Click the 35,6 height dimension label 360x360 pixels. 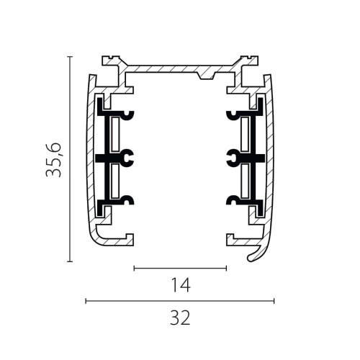click(53, 160)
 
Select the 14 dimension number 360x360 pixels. click(180, 285)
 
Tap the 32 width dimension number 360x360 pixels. click(180, 318)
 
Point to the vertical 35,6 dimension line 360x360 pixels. click(70, 159)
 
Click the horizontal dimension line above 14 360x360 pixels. click(180, 268)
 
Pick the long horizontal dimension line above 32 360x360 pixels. click(180, 301)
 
